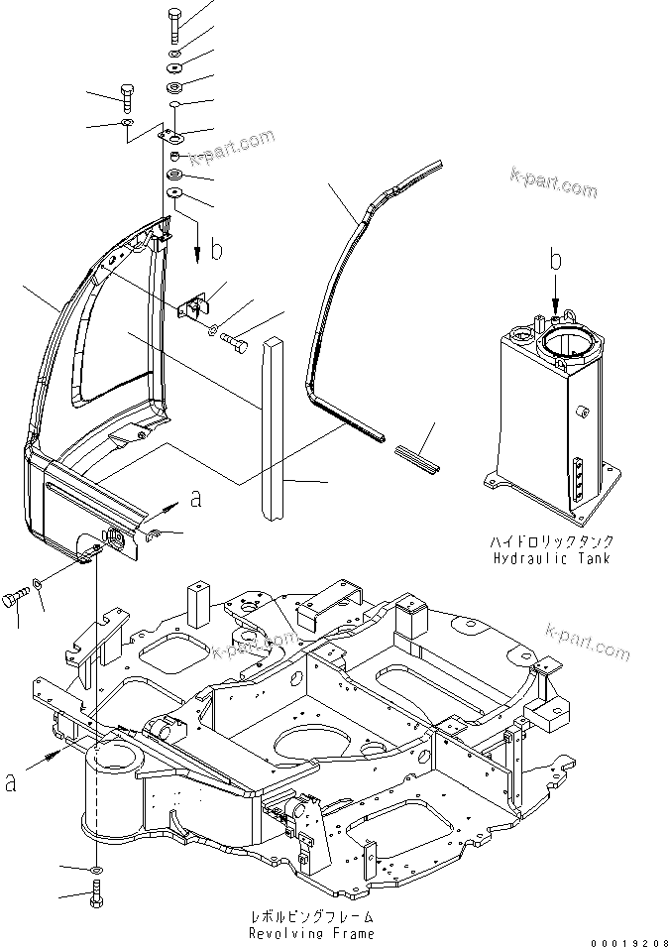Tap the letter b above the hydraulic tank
coord(556,261)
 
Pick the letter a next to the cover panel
coord(195,499)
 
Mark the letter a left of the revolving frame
coord(11,781)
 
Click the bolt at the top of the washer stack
coord(174,23)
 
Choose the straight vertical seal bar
coord(272,426)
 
